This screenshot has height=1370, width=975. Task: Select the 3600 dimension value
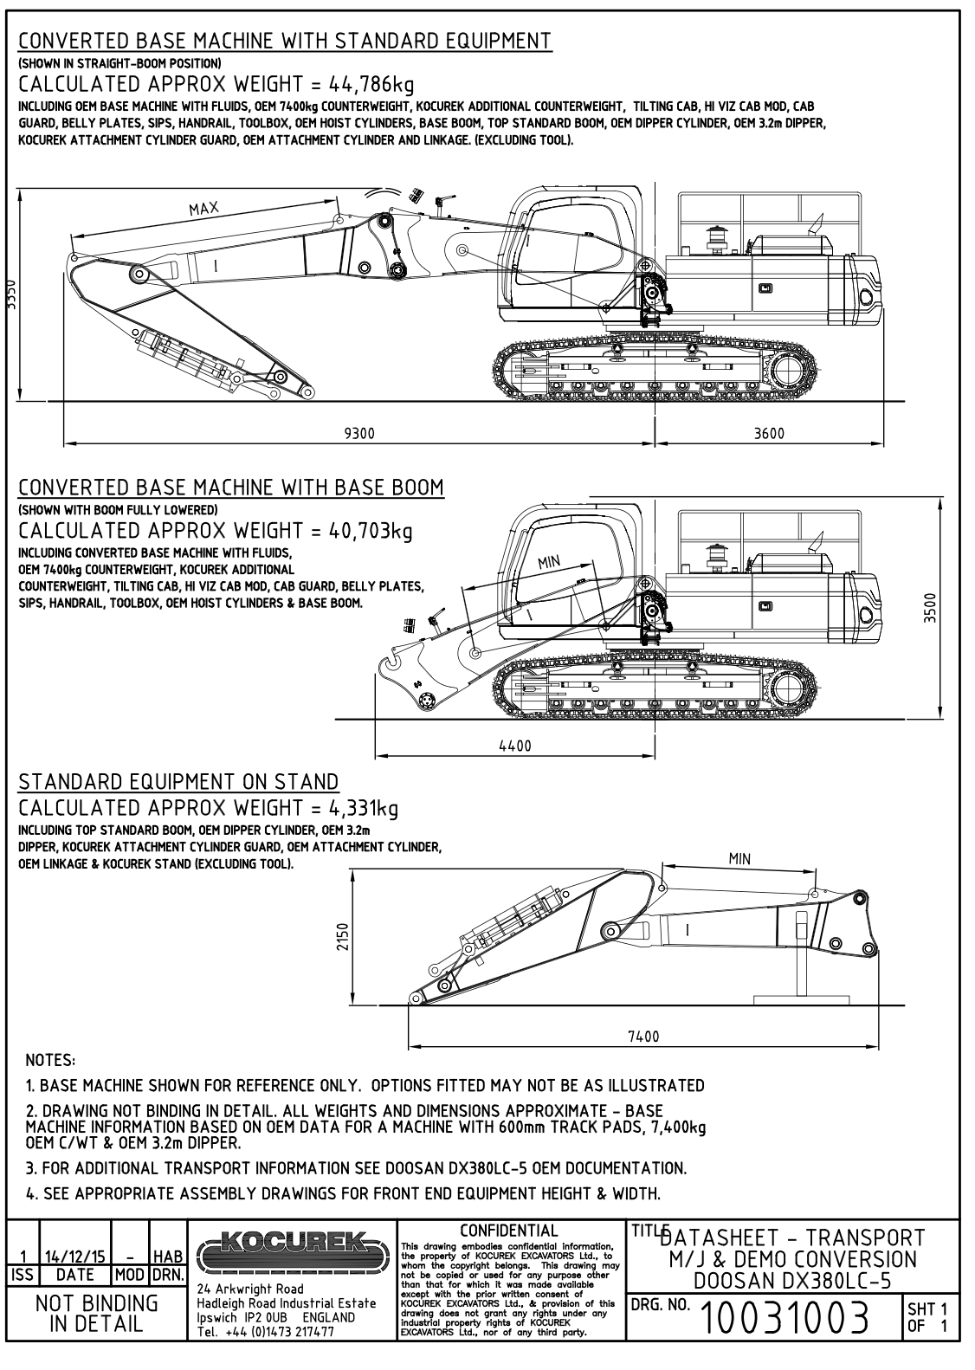(769, 434)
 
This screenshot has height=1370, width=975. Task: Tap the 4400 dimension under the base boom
(515, 745)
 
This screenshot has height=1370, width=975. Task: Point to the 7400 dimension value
(642, 1037)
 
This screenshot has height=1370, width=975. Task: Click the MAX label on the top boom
(204, 208)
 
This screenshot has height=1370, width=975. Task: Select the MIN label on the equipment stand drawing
(739, 859)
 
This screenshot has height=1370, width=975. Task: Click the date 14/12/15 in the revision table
(76, 1254)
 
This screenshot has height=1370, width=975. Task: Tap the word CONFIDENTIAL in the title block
(509, 1230)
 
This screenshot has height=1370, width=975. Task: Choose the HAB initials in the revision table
(167, 1254)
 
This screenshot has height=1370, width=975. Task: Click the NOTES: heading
(51, 1059)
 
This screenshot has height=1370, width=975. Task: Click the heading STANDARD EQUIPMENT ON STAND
(178, 782)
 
